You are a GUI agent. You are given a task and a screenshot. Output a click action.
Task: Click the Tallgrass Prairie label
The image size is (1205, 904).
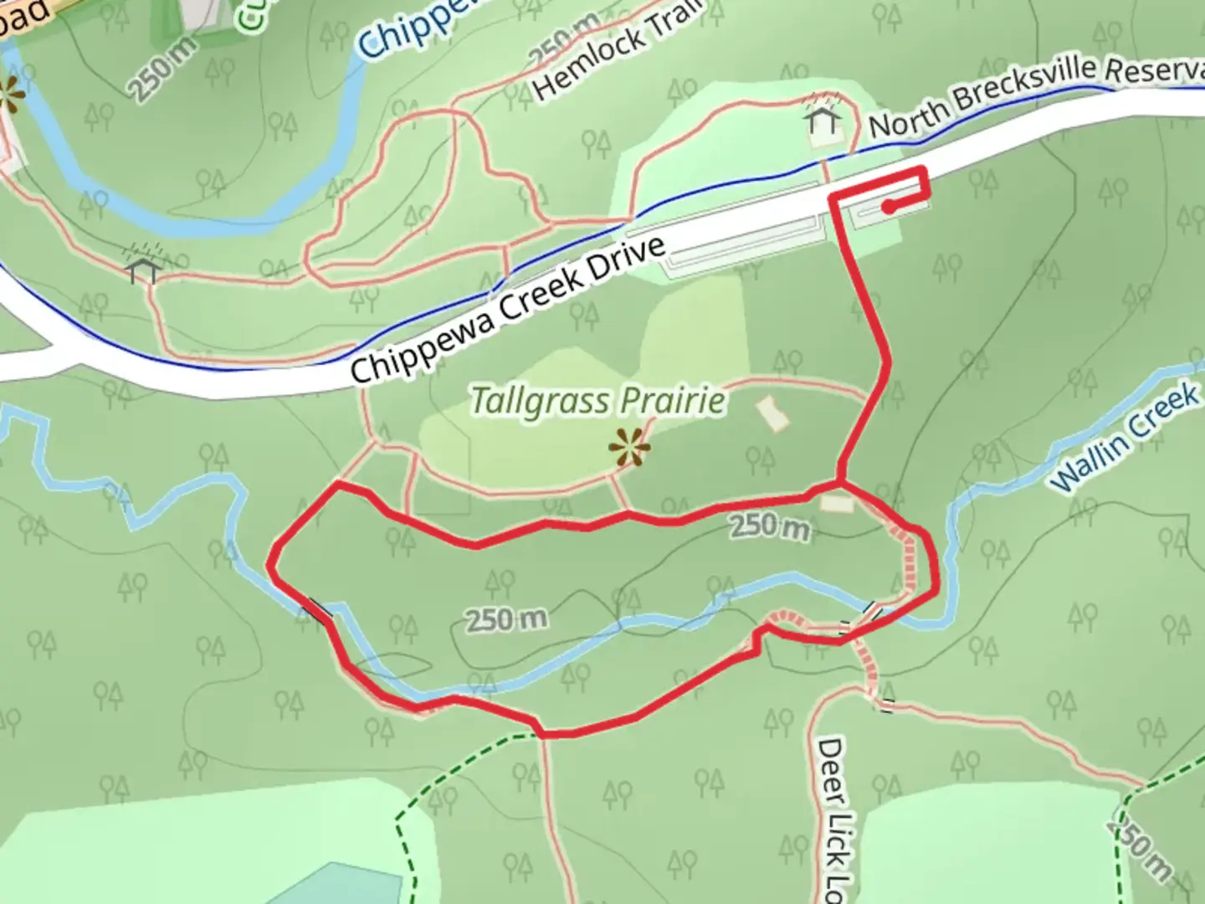pos(597,401)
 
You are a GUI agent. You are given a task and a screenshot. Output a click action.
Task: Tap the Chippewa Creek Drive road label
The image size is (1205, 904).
pos(508,309)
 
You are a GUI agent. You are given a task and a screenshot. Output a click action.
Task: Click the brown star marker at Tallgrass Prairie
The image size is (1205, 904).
pos(629,448)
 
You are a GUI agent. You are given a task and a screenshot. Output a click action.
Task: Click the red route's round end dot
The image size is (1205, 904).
pos(888,205)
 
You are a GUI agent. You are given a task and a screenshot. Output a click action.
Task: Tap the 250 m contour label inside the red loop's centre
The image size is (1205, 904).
pos(506,620)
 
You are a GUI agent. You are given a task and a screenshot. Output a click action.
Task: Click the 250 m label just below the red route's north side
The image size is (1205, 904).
pos(770,528)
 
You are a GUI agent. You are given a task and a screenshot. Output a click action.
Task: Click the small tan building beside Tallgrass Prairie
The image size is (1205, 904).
pos(772,413)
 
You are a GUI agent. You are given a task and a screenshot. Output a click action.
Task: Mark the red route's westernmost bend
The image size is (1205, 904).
pos(271,565)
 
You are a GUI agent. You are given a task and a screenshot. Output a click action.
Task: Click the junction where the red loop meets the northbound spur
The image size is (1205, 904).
pos(840,482)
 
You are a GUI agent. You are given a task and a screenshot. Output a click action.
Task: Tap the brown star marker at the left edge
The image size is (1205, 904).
pos(10,95)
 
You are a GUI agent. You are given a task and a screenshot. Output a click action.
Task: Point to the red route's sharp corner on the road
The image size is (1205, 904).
pos(924,171)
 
